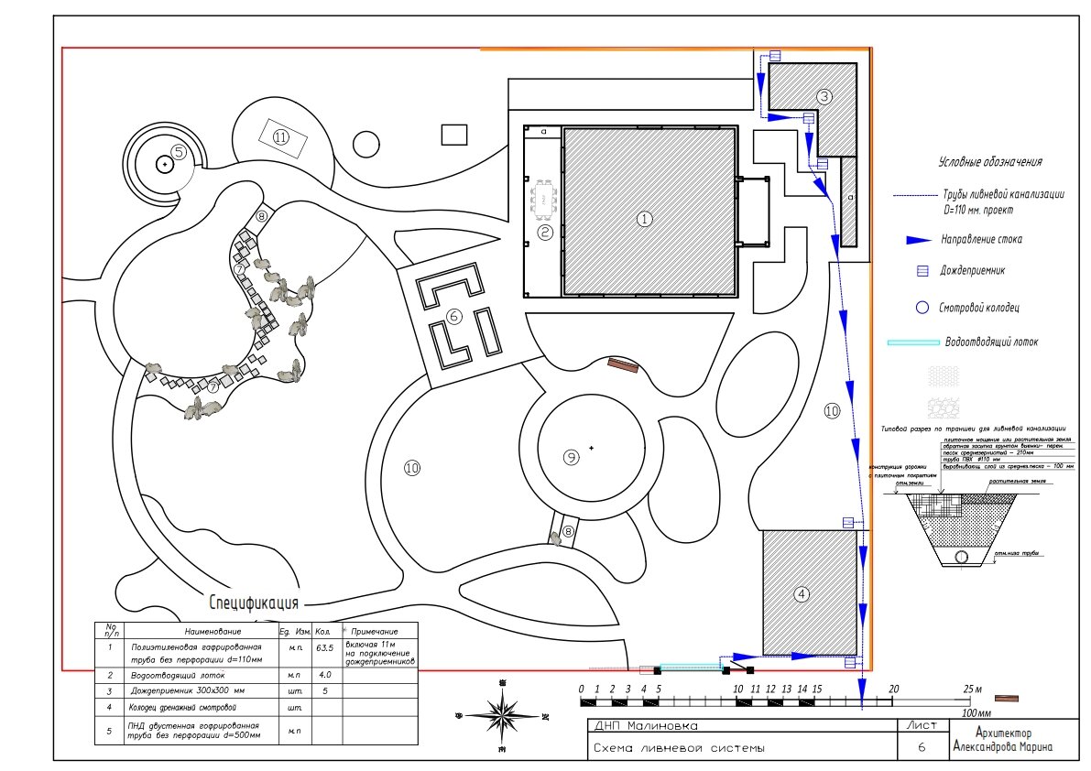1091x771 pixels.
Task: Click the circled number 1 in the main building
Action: click(644, 219)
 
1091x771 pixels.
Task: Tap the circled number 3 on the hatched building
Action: click(824, 96)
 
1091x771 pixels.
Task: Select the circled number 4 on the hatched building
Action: click(802, 593)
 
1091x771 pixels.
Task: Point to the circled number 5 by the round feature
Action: click(180, 153)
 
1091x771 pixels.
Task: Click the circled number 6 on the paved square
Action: click(453, 317)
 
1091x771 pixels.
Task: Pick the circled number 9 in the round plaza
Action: click(572, 457)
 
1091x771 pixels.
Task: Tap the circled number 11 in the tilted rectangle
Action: click(280, 137)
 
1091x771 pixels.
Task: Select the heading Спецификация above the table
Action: click(255, 603)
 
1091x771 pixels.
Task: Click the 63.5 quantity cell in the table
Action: click(323, 647)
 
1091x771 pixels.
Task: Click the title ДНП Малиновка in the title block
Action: click(645, 726)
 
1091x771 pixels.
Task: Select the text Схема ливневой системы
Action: click(679, 748)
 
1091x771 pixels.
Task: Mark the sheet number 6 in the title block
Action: click(921, 747)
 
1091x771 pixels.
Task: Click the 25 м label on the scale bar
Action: click(972, 689)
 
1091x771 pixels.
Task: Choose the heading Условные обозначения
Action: click(990, 162)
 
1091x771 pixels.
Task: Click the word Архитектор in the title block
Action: click(1004, 733)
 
